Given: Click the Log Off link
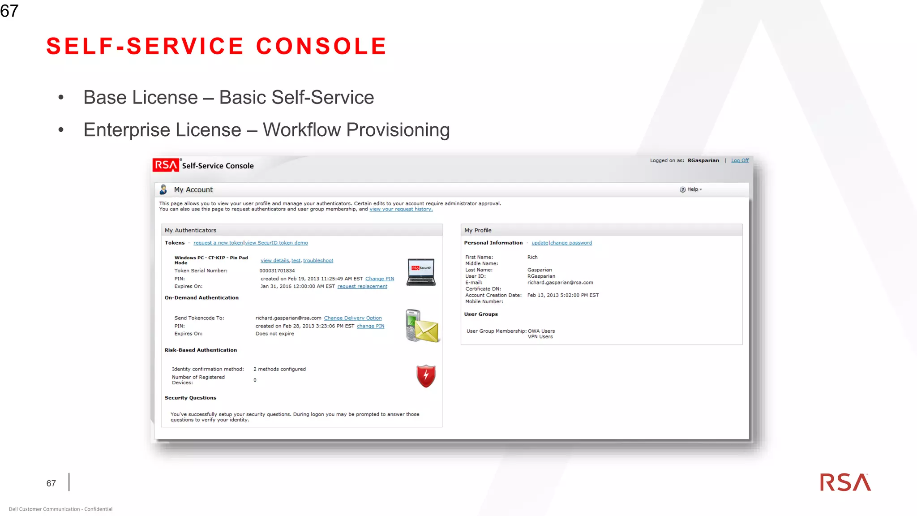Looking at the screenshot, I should pyautogui.click(x=740, y=160).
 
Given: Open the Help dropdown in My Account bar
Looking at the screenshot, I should pyautogui.click(x=691, y=189).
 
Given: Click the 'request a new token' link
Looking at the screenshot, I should pyautogui.click(x=218, y=243).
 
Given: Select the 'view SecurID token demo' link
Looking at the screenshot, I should pyautogui.click(x=276, y=243).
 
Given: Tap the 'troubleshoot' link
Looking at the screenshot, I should pyautogui.click(x=318, y=261).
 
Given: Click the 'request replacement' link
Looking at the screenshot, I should pyautogui.click(x=362, y=286).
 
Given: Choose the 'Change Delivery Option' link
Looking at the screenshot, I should pyautogui.click(x=353, y=318).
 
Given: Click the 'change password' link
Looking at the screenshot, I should pyautogui.click(x=571, y=243).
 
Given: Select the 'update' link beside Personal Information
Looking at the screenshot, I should pyautogui.click(x=540, y=243).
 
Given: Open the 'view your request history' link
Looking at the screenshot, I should pyautogui.click(x=401, y=209).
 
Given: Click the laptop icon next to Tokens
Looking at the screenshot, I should pyautogui.click(x=421, y=272).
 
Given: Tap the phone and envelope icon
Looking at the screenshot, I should pyautogui.click(x=422, y=326).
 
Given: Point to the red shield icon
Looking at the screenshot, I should pyautogui.click(x=426, y=375).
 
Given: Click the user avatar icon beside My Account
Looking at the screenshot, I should pyautogui.click(x=163, y=189).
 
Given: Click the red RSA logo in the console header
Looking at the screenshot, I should pyautogui.click(x=166, y=165).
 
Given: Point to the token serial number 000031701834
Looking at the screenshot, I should pyautogui.click(x=277, y=271).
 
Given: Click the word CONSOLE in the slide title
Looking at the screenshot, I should pyautogui.click(x=321, y=46).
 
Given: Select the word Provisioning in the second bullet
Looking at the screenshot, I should pyautogui.click(x=398, y=130).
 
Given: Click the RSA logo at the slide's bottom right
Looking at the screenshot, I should pyautogui.click(x=845, y=482).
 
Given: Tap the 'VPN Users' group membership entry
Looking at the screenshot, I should pyautogui.click(x=540, y=337).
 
